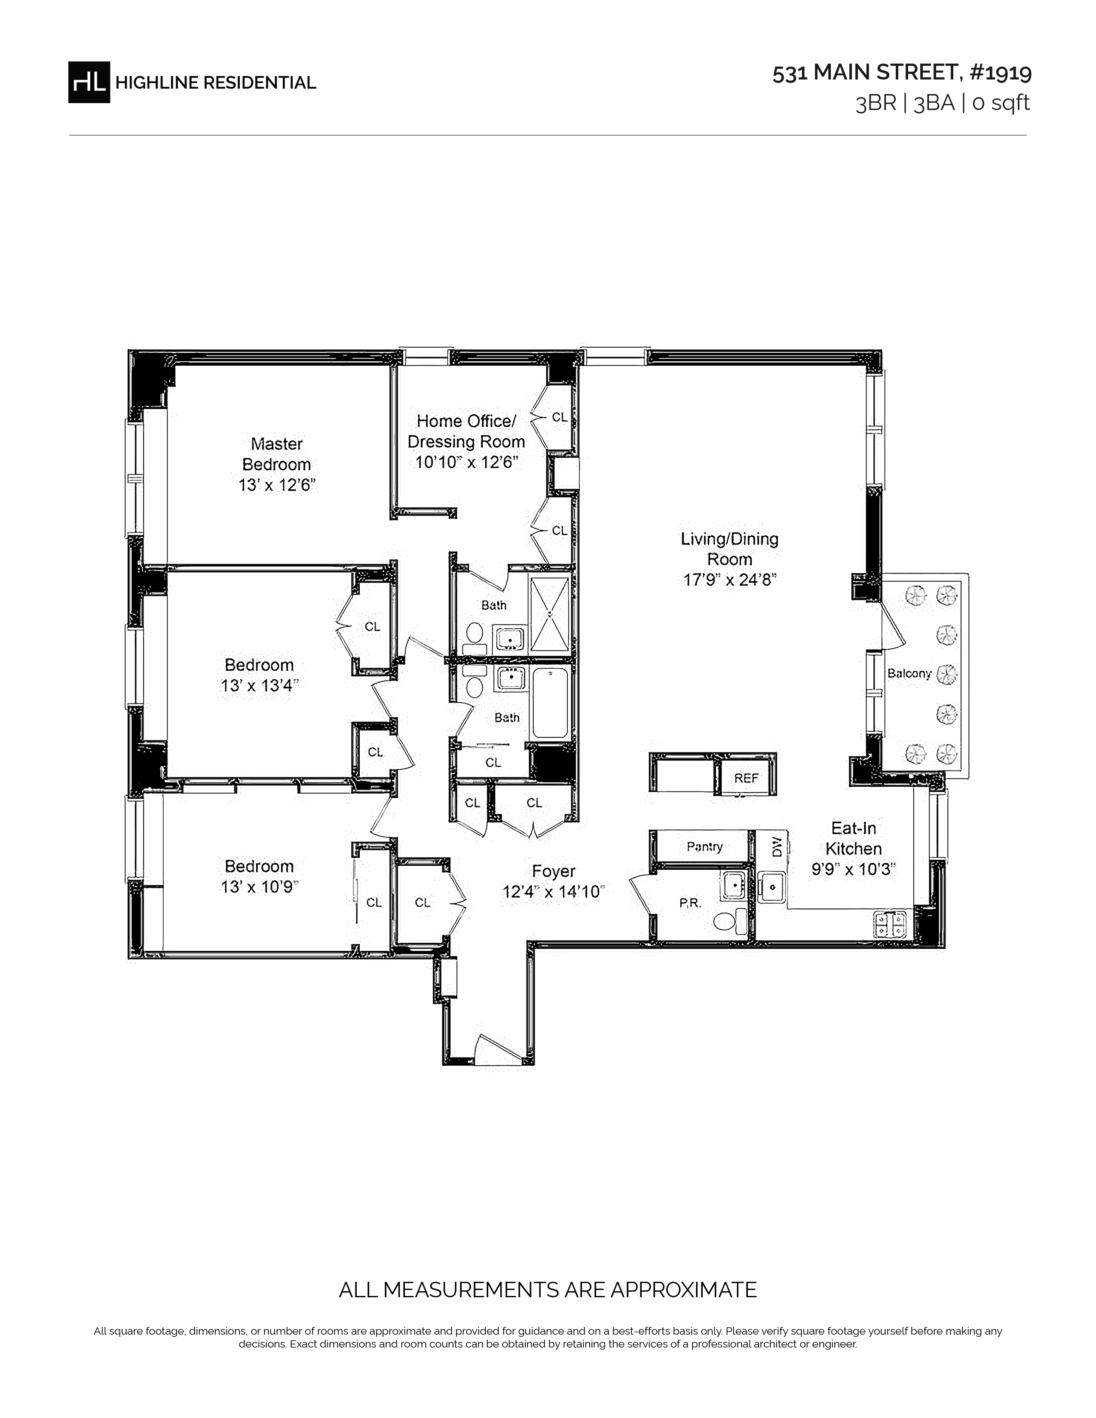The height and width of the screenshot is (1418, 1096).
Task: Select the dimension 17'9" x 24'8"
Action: click(730, 580)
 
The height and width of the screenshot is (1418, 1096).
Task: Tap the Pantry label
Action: click(704, 847)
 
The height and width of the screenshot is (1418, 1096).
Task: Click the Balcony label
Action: click(909, 673)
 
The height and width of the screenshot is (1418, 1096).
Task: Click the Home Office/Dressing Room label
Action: click(466, 431)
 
